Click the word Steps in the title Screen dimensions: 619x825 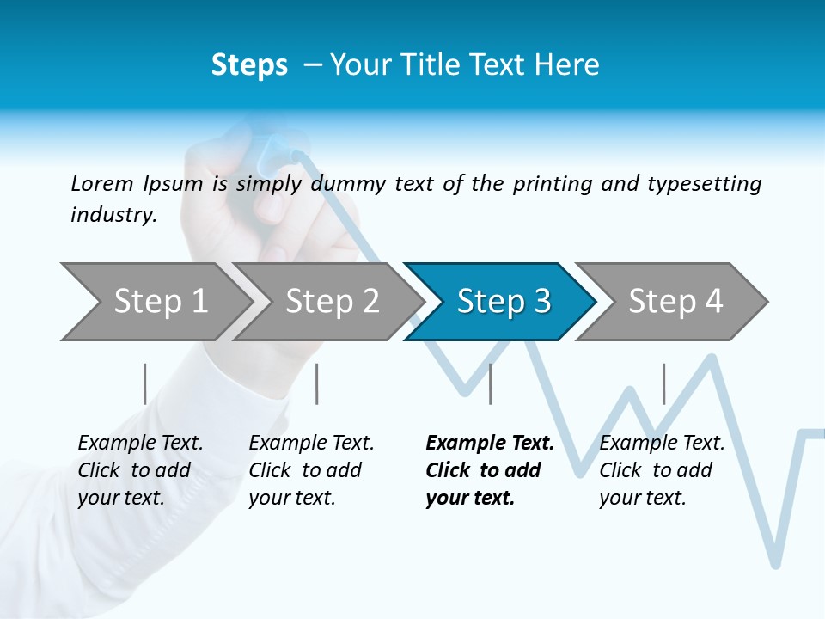tap(249, 65)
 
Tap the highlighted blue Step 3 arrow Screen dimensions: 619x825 tap(504, 302)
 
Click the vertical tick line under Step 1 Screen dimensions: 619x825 tap(144, 383)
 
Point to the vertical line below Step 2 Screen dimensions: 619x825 tap(317, 383)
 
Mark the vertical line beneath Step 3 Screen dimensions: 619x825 tap(490, 383)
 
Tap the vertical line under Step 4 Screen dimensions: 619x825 tap(663, 383)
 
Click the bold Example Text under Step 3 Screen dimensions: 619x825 tap(490, 444)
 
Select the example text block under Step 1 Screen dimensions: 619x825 tap(140, 470)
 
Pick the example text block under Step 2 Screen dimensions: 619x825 tap(311, 470)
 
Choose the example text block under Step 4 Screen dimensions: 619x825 tap(662, 470)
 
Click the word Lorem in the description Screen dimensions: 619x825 tap(102, 183)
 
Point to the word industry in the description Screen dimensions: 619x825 tap(113, 215)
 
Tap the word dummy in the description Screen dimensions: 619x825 tap(349, 184)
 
